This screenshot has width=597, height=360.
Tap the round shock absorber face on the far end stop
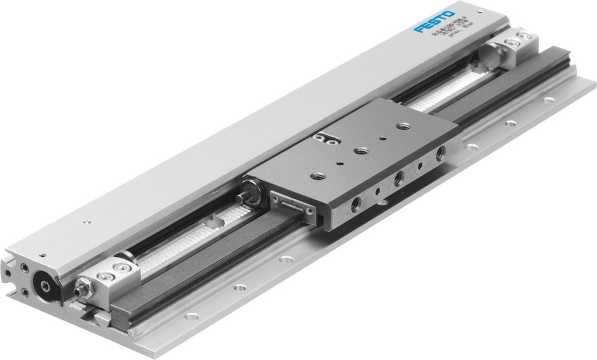pos(488,56)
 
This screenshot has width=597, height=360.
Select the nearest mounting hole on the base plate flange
pos(192,316)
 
